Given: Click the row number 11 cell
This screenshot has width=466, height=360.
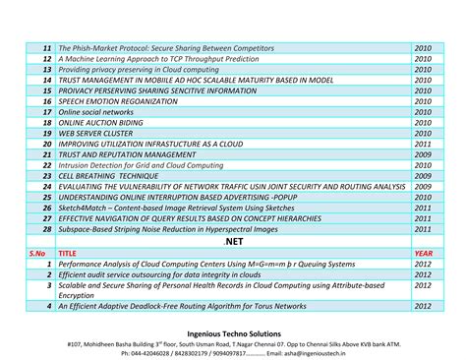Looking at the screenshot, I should click(x=45, y=47).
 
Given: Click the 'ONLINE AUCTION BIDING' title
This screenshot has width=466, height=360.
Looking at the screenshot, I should click(x=103, y=123).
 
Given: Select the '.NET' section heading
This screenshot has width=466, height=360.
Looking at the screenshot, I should click(x=233, y=240).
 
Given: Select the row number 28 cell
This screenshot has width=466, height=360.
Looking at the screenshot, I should click(x=45, y=228).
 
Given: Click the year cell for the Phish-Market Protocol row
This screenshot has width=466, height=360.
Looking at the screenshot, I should click(x=423, y=47).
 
